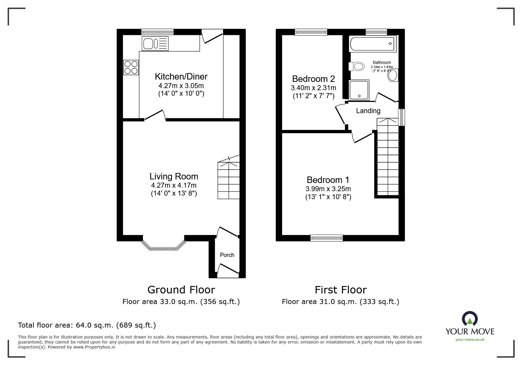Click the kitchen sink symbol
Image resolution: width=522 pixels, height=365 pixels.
pos(155,44)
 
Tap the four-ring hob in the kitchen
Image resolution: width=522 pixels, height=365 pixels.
pos(131,67)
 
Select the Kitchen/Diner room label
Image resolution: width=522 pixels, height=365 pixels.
pos(181,77)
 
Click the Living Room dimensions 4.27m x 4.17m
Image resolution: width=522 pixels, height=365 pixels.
pos(174,185)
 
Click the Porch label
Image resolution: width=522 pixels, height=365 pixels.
pos(227,255)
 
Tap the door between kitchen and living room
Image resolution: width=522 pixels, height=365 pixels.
pos(154,115)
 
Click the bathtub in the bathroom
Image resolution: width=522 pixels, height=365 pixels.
pos(372,44)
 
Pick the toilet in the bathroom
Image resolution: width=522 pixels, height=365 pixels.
pos(356,66)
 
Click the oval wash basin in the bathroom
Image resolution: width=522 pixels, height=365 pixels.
pos(393,75)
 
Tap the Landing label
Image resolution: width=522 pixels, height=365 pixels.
pos(368,111)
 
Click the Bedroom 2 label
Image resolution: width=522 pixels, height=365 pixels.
pos(313,79)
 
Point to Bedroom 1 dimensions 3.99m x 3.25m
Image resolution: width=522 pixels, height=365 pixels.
pos(328,189)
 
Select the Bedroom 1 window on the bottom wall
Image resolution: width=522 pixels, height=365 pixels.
pos(327,237)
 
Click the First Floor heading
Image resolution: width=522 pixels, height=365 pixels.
pos(340,290)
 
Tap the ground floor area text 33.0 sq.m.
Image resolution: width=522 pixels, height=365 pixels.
pos(181,302)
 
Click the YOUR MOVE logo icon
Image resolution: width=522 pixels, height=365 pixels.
pos(470,318)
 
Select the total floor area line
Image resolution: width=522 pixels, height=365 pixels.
pos(87,325)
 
